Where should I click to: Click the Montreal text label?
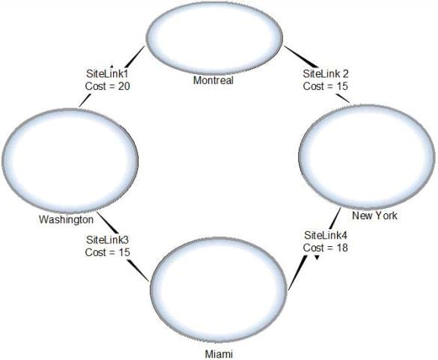tap(213, 80)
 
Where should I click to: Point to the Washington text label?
tap(66, 219)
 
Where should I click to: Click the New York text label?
tap(374, 216)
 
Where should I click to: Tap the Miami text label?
tap(219, 354)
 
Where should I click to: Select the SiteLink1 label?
tap(107, 74)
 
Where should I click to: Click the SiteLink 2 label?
tap(326, 74)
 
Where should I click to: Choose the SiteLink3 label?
tap(108, 240)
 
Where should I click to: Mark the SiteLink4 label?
tap(326, 236)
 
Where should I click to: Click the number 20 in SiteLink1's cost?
tap(124, 86)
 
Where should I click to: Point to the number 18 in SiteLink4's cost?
tap(342, 248)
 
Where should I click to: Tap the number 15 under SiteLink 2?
tap(342, 86)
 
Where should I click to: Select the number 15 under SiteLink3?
tap(124, 252)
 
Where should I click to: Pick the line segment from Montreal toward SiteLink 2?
tap(301, 57)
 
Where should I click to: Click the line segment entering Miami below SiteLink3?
tap(138, 270)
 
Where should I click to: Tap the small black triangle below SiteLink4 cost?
tap(317, 257)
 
